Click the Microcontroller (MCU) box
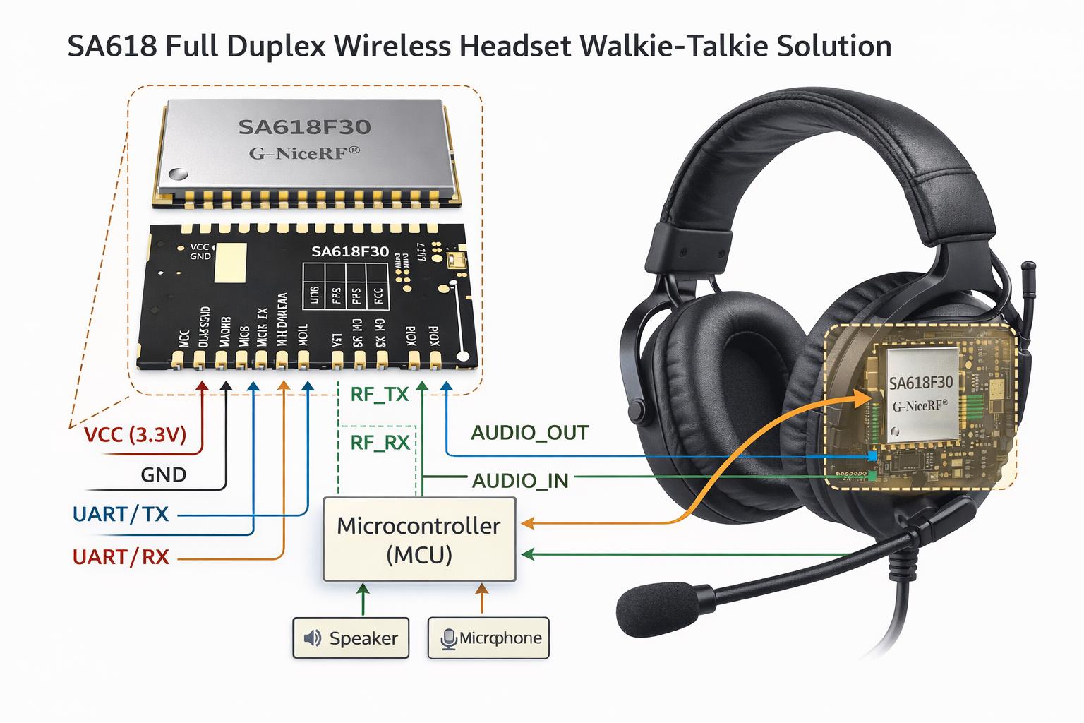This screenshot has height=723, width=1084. coord(419,539)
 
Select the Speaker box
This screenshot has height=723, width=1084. coord(351,638)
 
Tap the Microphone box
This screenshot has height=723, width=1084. coord(488,638)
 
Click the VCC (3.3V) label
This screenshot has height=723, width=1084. coord(135,434)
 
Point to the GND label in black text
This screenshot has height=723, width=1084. coord(163,474)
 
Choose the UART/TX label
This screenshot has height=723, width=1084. coord(121,513)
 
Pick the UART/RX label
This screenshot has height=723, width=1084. coord(121,557)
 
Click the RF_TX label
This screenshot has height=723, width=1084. coord(380,394)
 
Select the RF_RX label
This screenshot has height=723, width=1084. coord(380,443)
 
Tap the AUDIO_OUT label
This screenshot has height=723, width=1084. coord(529,432)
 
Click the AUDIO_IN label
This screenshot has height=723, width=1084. coord(519,481)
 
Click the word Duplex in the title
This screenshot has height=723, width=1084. coord(278,47)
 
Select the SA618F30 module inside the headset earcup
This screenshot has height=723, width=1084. coord(921,393)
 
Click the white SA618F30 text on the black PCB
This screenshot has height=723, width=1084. coord(349,251)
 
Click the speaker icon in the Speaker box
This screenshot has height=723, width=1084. coord(312,638)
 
